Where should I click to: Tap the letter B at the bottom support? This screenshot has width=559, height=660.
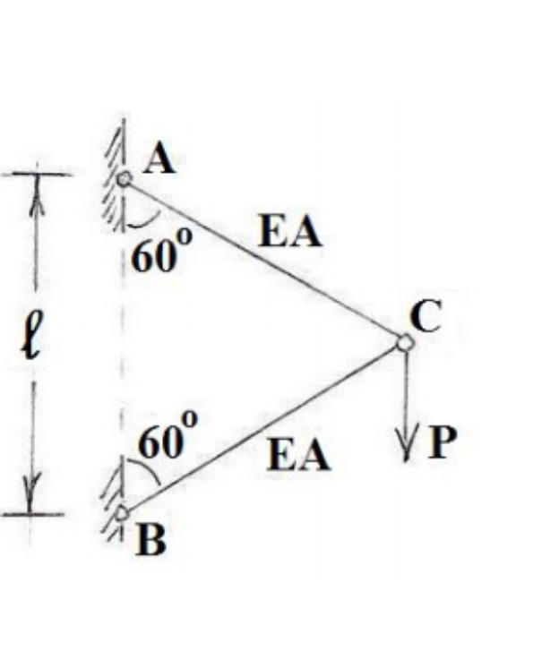151,540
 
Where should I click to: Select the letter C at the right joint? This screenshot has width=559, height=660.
426,317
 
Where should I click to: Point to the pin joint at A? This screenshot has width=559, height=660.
125,179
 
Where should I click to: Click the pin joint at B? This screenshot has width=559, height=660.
122,513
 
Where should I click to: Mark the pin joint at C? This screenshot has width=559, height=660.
405,341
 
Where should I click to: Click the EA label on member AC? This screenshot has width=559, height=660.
289,233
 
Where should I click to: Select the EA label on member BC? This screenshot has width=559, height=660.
299,456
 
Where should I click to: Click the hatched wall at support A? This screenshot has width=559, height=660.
111,184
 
